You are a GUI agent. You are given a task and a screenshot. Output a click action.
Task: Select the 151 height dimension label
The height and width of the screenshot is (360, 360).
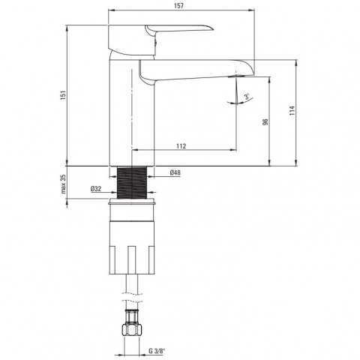click(63, 95)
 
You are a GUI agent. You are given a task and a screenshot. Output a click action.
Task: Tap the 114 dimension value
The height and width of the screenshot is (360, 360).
click(292, 111)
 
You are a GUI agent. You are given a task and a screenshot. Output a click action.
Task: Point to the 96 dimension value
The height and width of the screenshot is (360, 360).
click(265, 121)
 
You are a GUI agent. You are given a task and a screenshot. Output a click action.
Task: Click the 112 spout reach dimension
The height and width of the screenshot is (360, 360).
click(181, 145)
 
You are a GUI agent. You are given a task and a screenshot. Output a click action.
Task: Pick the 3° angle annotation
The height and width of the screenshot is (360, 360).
click(247, 97)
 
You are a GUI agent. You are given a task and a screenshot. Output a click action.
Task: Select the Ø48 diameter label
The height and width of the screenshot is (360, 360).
click(175, 172)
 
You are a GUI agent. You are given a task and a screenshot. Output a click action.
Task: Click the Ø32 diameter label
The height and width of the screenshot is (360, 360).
click(96, 189)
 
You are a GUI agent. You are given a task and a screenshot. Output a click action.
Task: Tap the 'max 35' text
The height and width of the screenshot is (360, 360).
click(63, 184)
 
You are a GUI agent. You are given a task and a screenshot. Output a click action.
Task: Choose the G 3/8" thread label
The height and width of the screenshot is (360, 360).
click(157, 351)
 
